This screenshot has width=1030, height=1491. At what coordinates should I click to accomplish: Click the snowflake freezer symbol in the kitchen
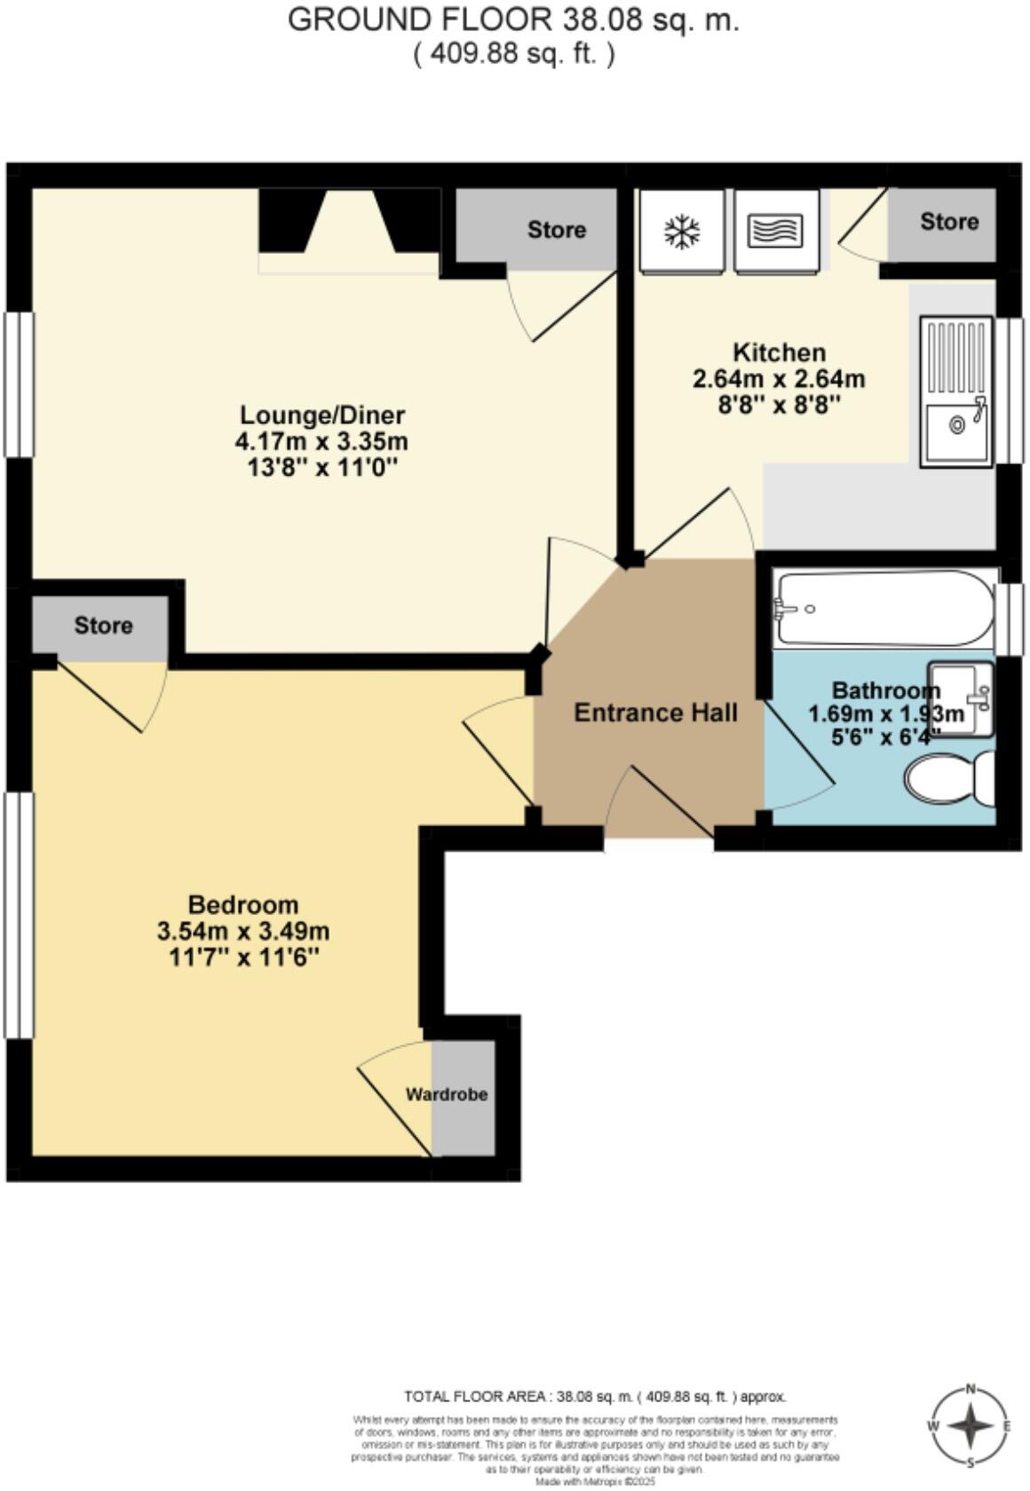coord(681,232)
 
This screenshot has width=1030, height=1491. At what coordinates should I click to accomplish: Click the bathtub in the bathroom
coord(883,608)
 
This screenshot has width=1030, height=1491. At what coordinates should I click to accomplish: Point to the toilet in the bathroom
coord(948,780)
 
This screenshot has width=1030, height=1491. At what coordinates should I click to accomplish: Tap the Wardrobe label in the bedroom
coord(447,1094)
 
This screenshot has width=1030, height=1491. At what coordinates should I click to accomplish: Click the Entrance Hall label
coord(655,713)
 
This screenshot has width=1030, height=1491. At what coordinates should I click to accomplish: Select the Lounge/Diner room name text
coord(322,414)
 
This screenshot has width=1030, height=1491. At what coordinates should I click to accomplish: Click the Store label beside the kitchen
coord(948,221)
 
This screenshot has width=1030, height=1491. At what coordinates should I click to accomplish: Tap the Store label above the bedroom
coord(103,626)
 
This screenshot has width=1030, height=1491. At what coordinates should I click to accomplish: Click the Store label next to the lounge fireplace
coord(556,230)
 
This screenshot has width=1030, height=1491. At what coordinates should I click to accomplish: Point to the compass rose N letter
coord(971,1389)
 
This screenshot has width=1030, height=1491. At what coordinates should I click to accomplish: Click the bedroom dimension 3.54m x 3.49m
coord(243,932)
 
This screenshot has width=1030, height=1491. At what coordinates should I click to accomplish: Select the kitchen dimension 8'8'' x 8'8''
coord(779,405)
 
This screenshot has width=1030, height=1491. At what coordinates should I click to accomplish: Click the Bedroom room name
coord(243,905)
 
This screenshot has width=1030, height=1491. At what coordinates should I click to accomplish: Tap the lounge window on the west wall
coord(18,384)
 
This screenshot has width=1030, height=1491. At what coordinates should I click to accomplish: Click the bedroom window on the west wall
coord(18,914)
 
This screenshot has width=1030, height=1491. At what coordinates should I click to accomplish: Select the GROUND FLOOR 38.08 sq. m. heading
coord(513,20)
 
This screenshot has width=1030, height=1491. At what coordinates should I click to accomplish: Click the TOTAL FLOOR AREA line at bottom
coord(594,1396)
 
